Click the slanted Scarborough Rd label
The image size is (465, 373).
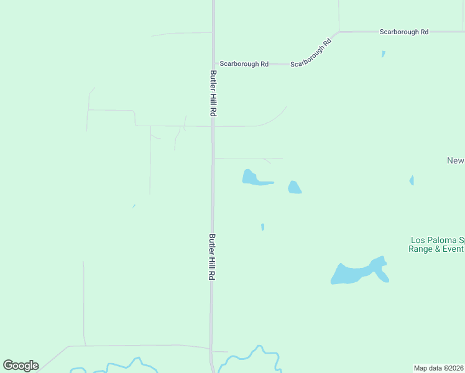click(311, 53)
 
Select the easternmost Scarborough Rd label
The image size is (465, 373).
click(405, 31)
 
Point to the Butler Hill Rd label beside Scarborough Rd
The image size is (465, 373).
click(213, 93)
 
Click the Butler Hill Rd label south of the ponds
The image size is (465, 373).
click(212, 257)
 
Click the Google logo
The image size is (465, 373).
click(21, 366)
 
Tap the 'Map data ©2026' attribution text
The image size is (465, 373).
click(439, 368)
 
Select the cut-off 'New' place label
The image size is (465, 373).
click(456, 161)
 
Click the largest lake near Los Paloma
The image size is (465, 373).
click(357, 272)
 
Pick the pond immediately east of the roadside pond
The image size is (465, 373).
click(295, 188)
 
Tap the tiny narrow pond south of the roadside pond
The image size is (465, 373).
click(262, 227)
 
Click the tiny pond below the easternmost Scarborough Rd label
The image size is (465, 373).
click(383, 54)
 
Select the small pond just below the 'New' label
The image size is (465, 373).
click(412, 180)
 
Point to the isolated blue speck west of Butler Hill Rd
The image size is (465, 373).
click(134, 206)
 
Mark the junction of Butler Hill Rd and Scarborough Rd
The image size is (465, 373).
click(214, 64)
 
